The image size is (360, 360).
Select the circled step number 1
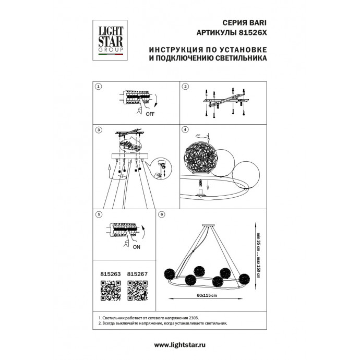(x=99, y=87)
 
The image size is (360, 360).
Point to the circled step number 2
(x=185, y=87)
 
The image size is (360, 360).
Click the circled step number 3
(x=99, y=129)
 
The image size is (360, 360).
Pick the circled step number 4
(x=185, y=129)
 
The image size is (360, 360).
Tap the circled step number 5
(x=99, y=214)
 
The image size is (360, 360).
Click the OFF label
(x=150, y=113)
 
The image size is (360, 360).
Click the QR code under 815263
(x=110, y=290)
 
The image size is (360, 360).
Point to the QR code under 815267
(x=137, y=290)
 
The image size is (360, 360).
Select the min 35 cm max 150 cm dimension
(x=258, y=251)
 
